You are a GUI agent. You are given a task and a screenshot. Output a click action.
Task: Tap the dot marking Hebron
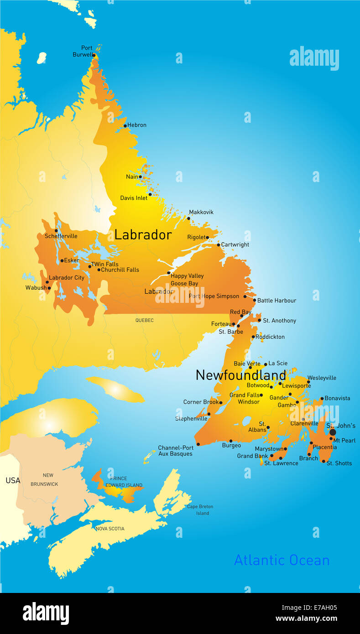pyautogui.click(x=125, y=125)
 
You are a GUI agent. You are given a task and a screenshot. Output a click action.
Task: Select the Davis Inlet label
pyautogui.click(x=134, y=198)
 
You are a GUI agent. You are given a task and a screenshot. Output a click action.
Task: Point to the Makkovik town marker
pyautogui.click(x=188, y=218)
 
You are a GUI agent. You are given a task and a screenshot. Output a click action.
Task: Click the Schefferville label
pyautogui.click(x=61, y=236)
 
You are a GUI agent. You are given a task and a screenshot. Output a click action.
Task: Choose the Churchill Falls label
pyautogui.click(x=120, y=270)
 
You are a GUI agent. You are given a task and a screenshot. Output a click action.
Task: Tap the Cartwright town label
pyautogui.click(x=235, y=244)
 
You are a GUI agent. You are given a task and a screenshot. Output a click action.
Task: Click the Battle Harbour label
pyautogui.click(x=277, y=301)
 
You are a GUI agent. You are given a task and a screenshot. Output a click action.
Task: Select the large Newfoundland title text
pyautogui.click(x=240, y=375)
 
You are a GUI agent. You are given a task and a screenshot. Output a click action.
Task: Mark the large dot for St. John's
pyautogui.click(x=333, y=432)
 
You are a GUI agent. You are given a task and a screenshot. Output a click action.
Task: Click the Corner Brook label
pyautogui.click(x=201, y=402)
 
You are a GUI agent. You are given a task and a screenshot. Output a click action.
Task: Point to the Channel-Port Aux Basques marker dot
pyautogui.click(x=198, y=444)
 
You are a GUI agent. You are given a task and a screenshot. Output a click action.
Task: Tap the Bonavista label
pyautogui.click(x=337, y=398)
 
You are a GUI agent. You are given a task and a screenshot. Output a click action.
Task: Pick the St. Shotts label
pyautogui.click(x=339, y=463)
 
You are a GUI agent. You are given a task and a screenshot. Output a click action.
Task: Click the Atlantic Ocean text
pyautogui.click(x=282, y=560)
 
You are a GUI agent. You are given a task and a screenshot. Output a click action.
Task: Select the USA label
pyautogui.click(x=13, y=480)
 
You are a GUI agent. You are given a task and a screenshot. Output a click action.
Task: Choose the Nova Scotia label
pyautogui.click(x=110, y=529)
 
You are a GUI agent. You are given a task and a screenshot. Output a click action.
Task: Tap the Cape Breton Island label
pyautogui.click(x=200, y=510)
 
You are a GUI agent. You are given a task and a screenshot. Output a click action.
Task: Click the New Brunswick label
pyautogui.click(x=44, y=479)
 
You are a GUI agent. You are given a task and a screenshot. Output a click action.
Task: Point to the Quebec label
pyautogui.click(x=144, y=320)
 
